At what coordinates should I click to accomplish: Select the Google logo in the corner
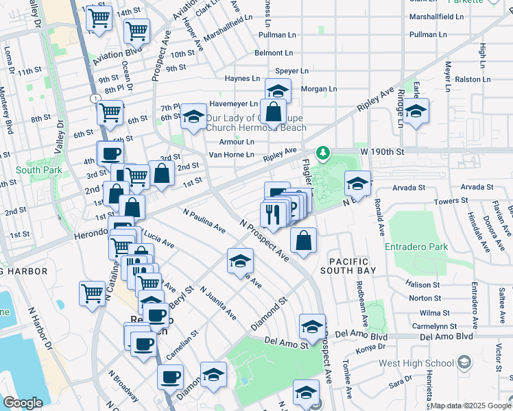[x=23, y=403]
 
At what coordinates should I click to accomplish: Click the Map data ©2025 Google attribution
[x=470, y=406]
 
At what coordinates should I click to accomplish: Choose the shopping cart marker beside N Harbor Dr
[x=92, y=293]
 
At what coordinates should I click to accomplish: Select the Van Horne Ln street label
[x=231, y=155]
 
